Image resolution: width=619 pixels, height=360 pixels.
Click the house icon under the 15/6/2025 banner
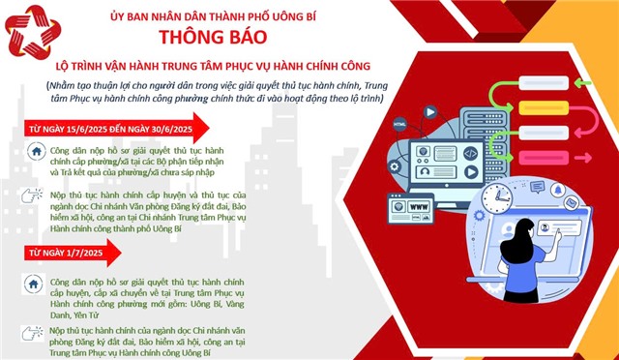pyautogui.click(x=36, y=153)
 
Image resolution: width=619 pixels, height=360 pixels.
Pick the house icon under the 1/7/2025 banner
pyautogui.click(x=36, y=285)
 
